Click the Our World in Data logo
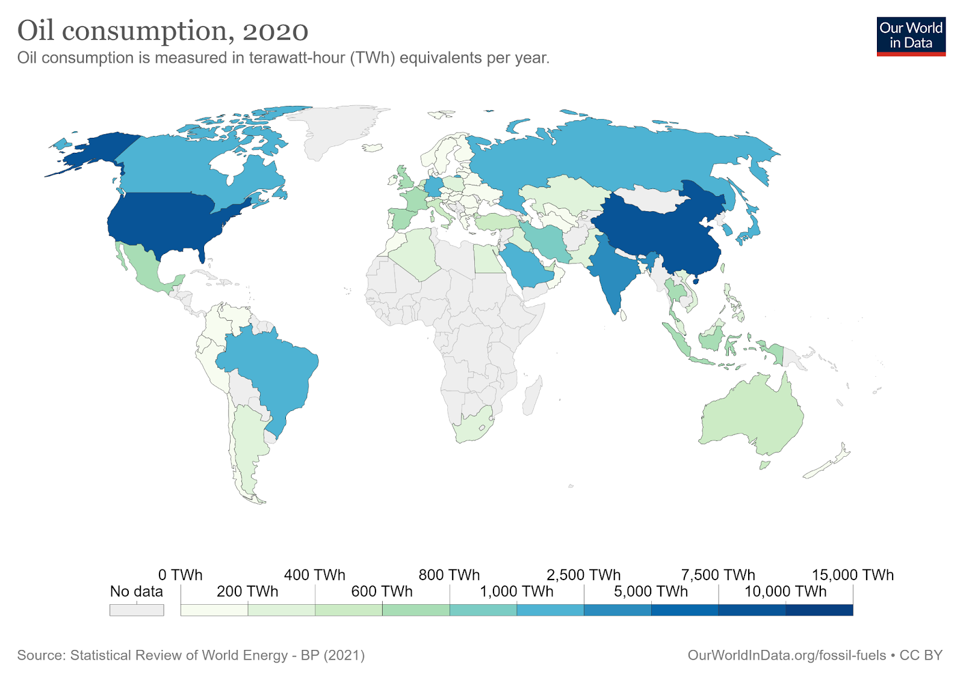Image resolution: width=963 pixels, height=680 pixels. pyautogui.click(x=911, y=36)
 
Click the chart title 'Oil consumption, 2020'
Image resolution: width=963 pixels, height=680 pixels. pyautogui.click(x=163, y=30)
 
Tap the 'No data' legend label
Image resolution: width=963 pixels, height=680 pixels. pyautogui.click(x=136, y=592)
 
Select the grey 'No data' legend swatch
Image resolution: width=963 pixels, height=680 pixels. pyautogui.click(x=136, y=610)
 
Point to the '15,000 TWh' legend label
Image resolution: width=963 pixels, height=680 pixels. pyautogui.click(x=852, y=575)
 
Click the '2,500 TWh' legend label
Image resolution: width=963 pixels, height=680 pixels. pyautogui.click(x=583, y=575)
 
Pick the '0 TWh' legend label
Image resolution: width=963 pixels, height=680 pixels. pyautogui.click(x=180, y=575)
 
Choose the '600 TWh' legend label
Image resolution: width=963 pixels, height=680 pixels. pyautogui.click(x=382, y=592)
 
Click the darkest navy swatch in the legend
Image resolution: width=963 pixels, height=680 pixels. pyautogui.click(x=819, y=610)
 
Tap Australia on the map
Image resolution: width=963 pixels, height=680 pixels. pyautogui.click(x=752, y=415)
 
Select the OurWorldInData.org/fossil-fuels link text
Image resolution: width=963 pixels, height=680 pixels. pyautogui.click(x=787, y=655)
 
